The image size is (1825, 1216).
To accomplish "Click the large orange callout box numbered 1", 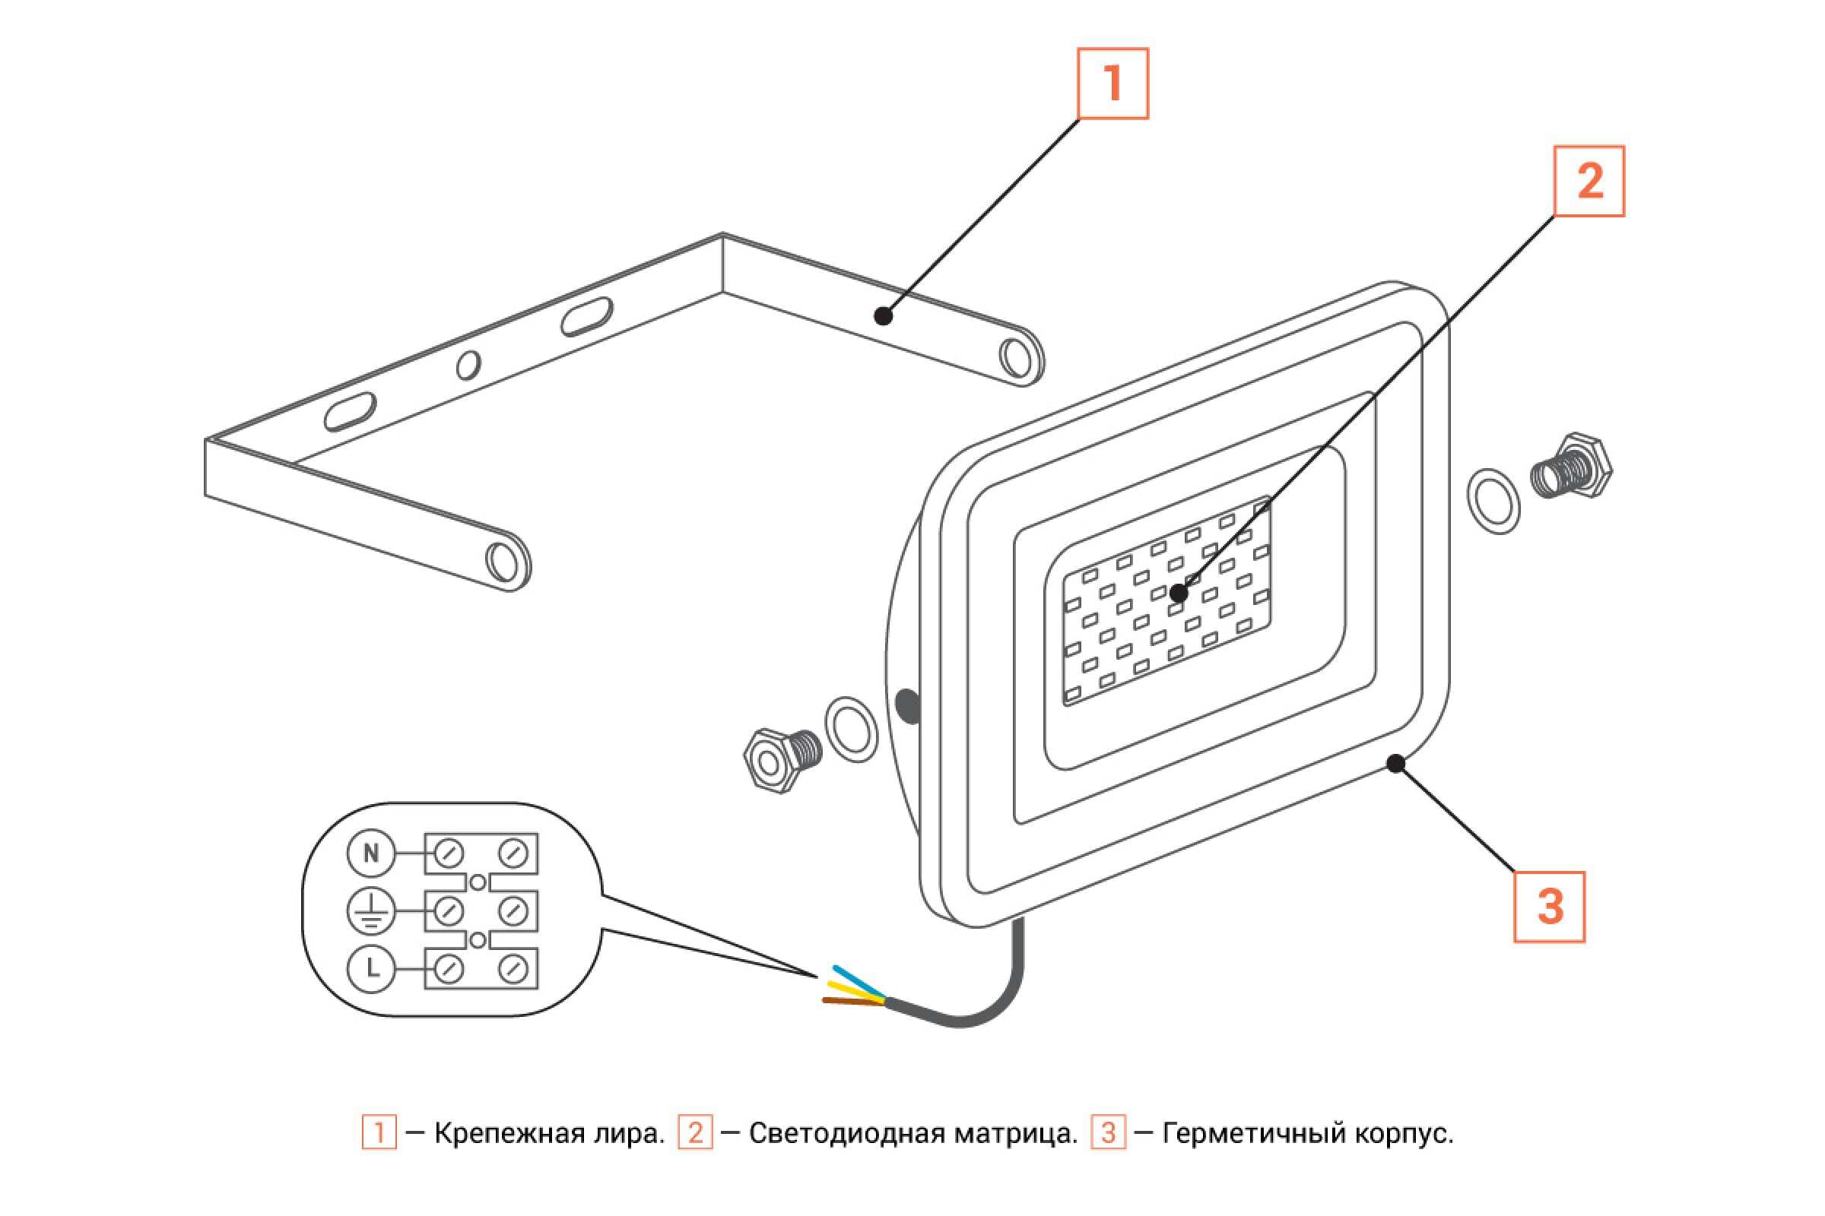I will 1112,84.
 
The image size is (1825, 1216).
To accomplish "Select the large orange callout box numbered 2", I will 1589,182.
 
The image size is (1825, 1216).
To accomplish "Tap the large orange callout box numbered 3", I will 1549,907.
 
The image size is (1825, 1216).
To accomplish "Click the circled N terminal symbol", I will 371,853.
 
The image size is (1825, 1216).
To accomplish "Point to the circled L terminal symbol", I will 371,968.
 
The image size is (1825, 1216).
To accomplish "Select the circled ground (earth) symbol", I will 371,911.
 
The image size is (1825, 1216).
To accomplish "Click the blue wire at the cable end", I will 857,979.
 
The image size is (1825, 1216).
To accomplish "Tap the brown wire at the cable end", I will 852,1002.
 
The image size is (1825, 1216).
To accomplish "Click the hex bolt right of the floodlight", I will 1570,467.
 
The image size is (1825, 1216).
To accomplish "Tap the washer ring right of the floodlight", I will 1493,501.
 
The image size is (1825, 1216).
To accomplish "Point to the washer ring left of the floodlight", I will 851,729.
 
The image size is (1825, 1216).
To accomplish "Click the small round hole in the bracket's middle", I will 468,365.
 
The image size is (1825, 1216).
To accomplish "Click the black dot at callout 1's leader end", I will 882,315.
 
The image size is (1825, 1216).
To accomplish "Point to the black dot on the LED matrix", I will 1179,594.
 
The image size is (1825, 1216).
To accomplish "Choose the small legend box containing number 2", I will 694,1133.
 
